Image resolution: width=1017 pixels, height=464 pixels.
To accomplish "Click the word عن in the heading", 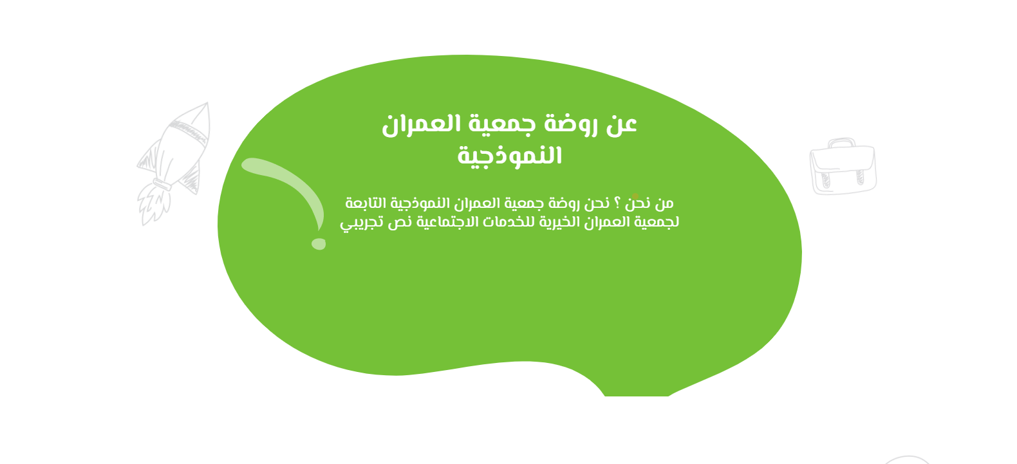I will coord(621,124).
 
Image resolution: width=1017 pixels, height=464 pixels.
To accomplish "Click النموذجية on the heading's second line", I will coord(509,156).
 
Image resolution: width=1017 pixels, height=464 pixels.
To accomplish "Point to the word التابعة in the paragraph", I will coord(366,203).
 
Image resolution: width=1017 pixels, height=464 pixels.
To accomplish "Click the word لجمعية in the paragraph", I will coord(658,222).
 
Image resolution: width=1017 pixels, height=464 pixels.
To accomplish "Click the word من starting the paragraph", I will coord(664,203).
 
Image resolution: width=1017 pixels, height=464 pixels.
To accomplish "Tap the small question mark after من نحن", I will coord(617,203).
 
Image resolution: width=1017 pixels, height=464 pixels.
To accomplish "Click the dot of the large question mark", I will coord(318,243).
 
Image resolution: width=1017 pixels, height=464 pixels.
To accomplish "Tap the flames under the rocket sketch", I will coord(153,205).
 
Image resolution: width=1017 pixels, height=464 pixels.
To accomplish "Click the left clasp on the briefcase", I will coord(825,180).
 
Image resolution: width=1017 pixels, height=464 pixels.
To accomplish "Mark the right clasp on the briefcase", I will coord(860,176).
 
